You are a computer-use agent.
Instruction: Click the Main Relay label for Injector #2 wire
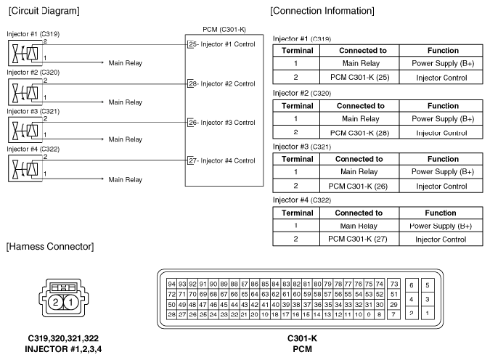tap(125, 102)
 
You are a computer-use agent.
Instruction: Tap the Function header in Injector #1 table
tap(442, 51)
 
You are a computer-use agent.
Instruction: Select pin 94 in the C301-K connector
tap(171, 283)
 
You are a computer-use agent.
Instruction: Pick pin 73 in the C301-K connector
tap(394, 283)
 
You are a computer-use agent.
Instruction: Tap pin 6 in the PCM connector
tap(412, 286)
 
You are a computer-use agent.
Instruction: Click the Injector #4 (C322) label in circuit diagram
tap(33, 149)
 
